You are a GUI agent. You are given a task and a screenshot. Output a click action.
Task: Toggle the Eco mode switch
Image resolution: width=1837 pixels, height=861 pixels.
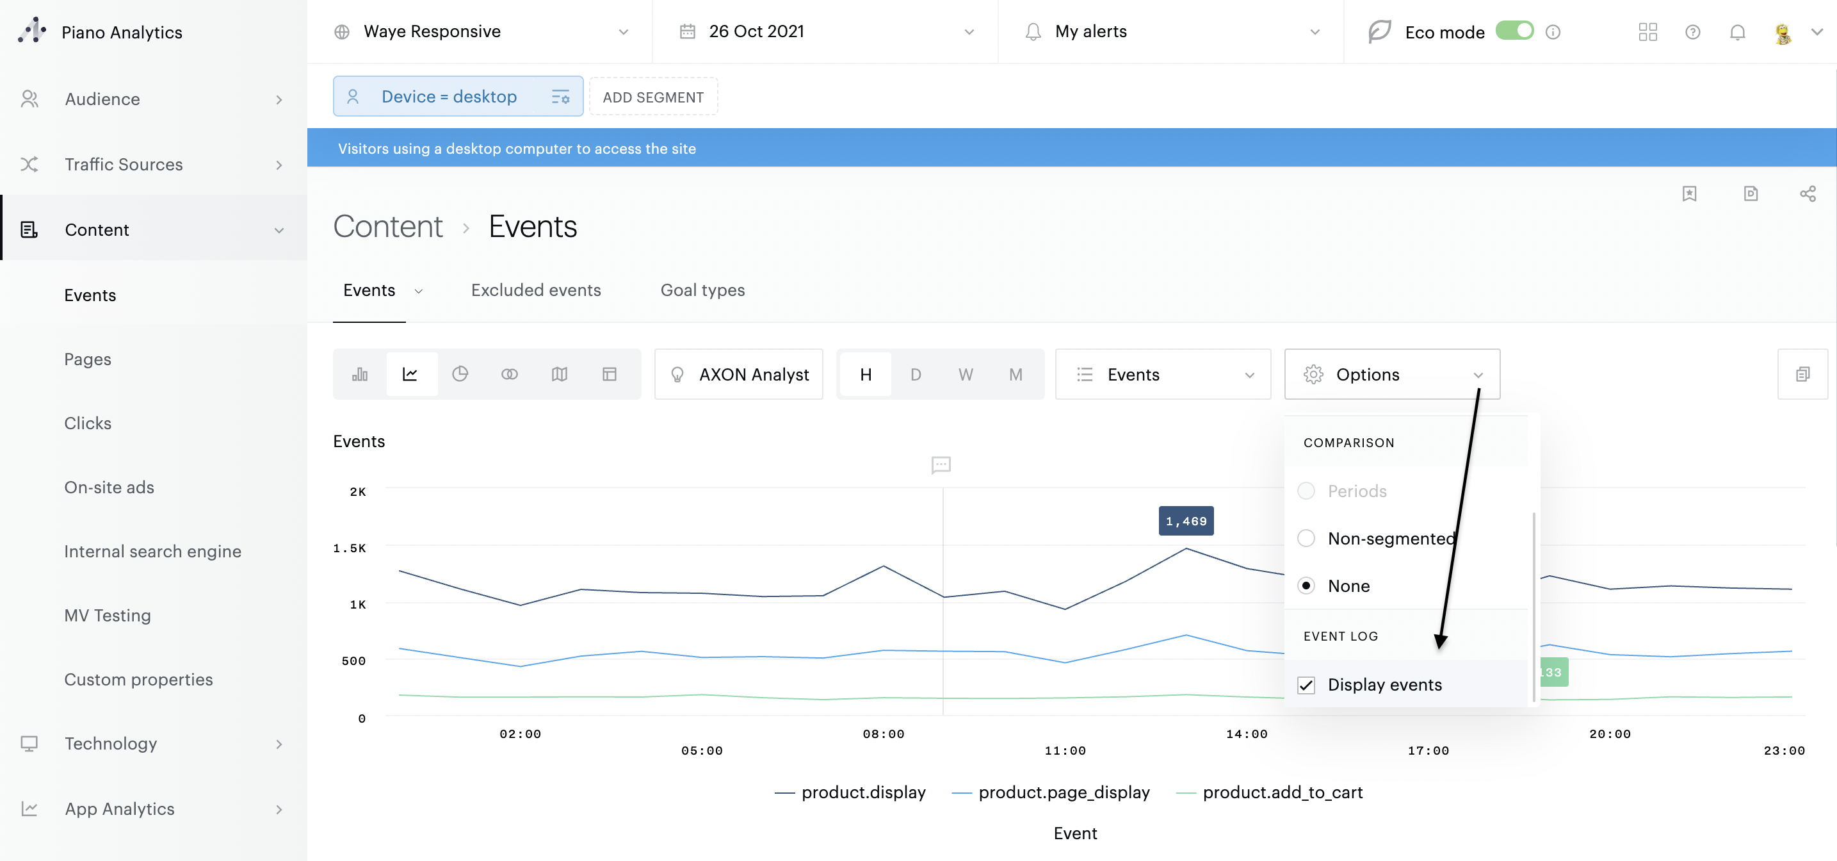(x=1513, y=31)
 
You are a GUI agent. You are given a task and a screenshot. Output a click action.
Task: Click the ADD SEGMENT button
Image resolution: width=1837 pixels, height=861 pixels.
(x=652, y=97)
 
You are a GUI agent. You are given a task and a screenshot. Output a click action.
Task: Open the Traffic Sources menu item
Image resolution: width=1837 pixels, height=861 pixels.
(x=124, y=165)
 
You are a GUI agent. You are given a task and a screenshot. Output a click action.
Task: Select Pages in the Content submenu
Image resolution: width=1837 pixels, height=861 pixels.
(x=88, y=359)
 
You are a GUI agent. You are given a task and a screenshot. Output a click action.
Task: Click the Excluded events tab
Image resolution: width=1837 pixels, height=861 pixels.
(x=535, y=290)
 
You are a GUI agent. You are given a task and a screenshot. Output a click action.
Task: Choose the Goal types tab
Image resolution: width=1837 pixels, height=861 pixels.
(x=702, y=290)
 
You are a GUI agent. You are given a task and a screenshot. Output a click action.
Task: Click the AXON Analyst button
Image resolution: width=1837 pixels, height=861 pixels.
(x=739, y=375)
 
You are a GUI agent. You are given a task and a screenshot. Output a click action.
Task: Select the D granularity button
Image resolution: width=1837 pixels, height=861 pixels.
(x=915, y=375)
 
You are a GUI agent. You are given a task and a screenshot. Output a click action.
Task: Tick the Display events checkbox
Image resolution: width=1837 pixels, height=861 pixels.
(x=1306, y=685)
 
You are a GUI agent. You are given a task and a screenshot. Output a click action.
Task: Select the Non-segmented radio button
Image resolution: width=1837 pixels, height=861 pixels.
(x=1306, y=539)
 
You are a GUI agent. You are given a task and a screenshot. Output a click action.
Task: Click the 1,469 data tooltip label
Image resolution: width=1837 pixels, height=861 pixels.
(x=1185, y=521)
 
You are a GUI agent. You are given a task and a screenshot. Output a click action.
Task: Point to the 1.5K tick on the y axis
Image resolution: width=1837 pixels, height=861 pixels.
(x=350, y=548)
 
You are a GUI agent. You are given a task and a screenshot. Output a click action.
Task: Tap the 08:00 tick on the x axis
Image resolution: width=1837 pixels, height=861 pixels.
(x=883, y=734)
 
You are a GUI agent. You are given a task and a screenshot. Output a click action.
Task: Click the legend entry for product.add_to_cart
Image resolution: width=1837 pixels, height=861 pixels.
(x=1281, y=792)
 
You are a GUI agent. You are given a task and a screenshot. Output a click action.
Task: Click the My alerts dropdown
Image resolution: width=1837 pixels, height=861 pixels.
(x=1170, y=31)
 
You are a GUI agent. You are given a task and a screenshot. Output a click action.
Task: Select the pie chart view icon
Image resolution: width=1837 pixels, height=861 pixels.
(x=460, y=375)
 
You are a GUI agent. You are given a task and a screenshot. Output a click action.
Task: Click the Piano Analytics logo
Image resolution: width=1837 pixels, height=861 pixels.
(x=32, y=31)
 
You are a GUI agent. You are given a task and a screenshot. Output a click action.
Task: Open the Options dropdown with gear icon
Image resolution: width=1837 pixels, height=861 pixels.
(x=1391, y=375)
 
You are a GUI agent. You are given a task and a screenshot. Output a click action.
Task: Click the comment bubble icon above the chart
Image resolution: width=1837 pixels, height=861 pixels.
(x=941, y=465)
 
